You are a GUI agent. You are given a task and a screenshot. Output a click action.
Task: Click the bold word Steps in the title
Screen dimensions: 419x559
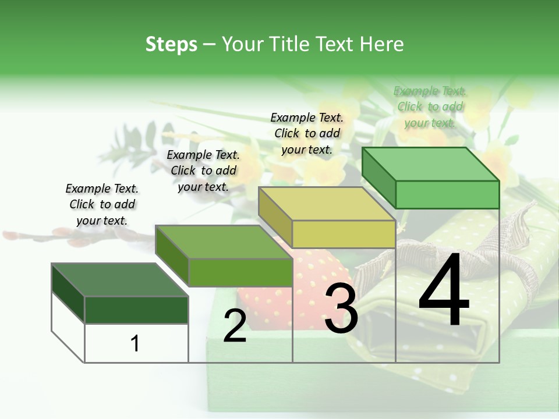pos(171,44)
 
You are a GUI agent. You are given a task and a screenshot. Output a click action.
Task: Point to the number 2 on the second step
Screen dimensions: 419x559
pos(235,326)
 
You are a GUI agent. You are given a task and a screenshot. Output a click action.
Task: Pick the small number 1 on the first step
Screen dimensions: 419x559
pos(135,343)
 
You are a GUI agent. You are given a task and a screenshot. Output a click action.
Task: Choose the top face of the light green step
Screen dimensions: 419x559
pos(430,164)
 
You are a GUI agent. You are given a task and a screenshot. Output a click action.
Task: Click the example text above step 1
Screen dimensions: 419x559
pos(102,204)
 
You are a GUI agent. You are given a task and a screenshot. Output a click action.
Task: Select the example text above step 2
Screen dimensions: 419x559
pos(203,171)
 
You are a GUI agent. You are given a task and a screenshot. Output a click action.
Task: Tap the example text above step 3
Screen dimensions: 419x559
pos(307,133)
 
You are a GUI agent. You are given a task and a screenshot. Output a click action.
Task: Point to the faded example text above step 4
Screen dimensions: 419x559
pos(430,106)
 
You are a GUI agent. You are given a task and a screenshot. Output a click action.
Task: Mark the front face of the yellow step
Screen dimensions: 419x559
pos(344,234)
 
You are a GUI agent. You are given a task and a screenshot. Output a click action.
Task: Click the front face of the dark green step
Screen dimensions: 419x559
pos(136,310)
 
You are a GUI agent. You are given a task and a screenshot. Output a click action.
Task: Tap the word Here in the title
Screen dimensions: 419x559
pos(383,44)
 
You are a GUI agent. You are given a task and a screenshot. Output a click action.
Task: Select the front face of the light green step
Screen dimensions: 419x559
pos(447,194)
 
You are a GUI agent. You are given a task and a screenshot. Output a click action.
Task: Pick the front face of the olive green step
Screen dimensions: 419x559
pos(240,272)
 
